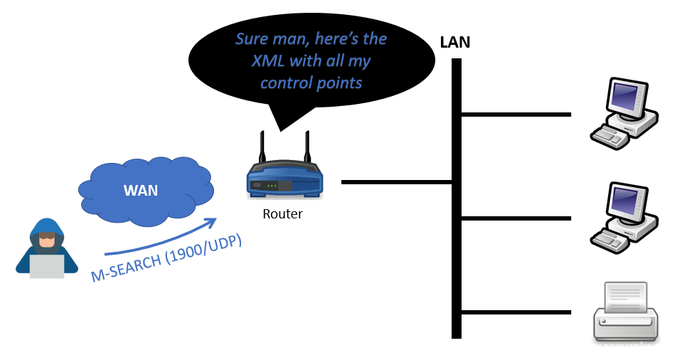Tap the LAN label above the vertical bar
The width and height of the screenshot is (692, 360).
tap(454, 42)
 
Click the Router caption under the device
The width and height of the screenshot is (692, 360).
tap(282, 213)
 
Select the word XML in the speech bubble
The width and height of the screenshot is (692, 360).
tap(272, 61)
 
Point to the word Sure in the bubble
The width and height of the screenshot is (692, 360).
tap(254, 37)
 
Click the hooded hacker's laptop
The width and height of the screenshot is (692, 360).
tap(46, 265)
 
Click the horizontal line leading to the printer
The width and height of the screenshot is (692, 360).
tap(516, 312)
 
